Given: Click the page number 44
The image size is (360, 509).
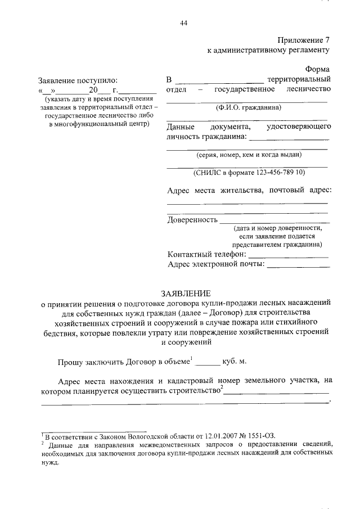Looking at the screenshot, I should (183, 23).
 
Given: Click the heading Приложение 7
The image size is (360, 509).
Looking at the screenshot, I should (304, 40).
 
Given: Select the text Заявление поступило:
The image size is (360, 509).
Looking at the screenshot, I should (78, 80).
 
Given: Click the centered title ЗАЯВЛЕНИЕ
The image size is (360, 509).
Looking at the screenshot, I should (186, 294).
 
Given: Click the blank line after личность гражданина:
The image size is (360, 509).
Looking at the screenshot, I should (289, 137).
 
